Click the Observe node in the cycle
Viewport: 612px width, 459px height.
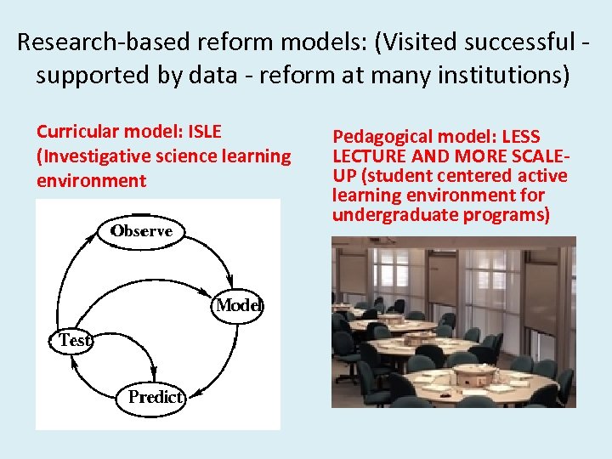click(x=140, y=230)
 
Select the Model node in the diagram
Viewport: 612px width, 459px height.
click(x=239, y=305)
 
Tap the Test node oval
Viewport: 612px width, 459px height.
click(x=75, y=340)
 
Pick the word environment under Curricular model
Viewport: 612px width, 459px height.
click(x=91, y=181)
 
